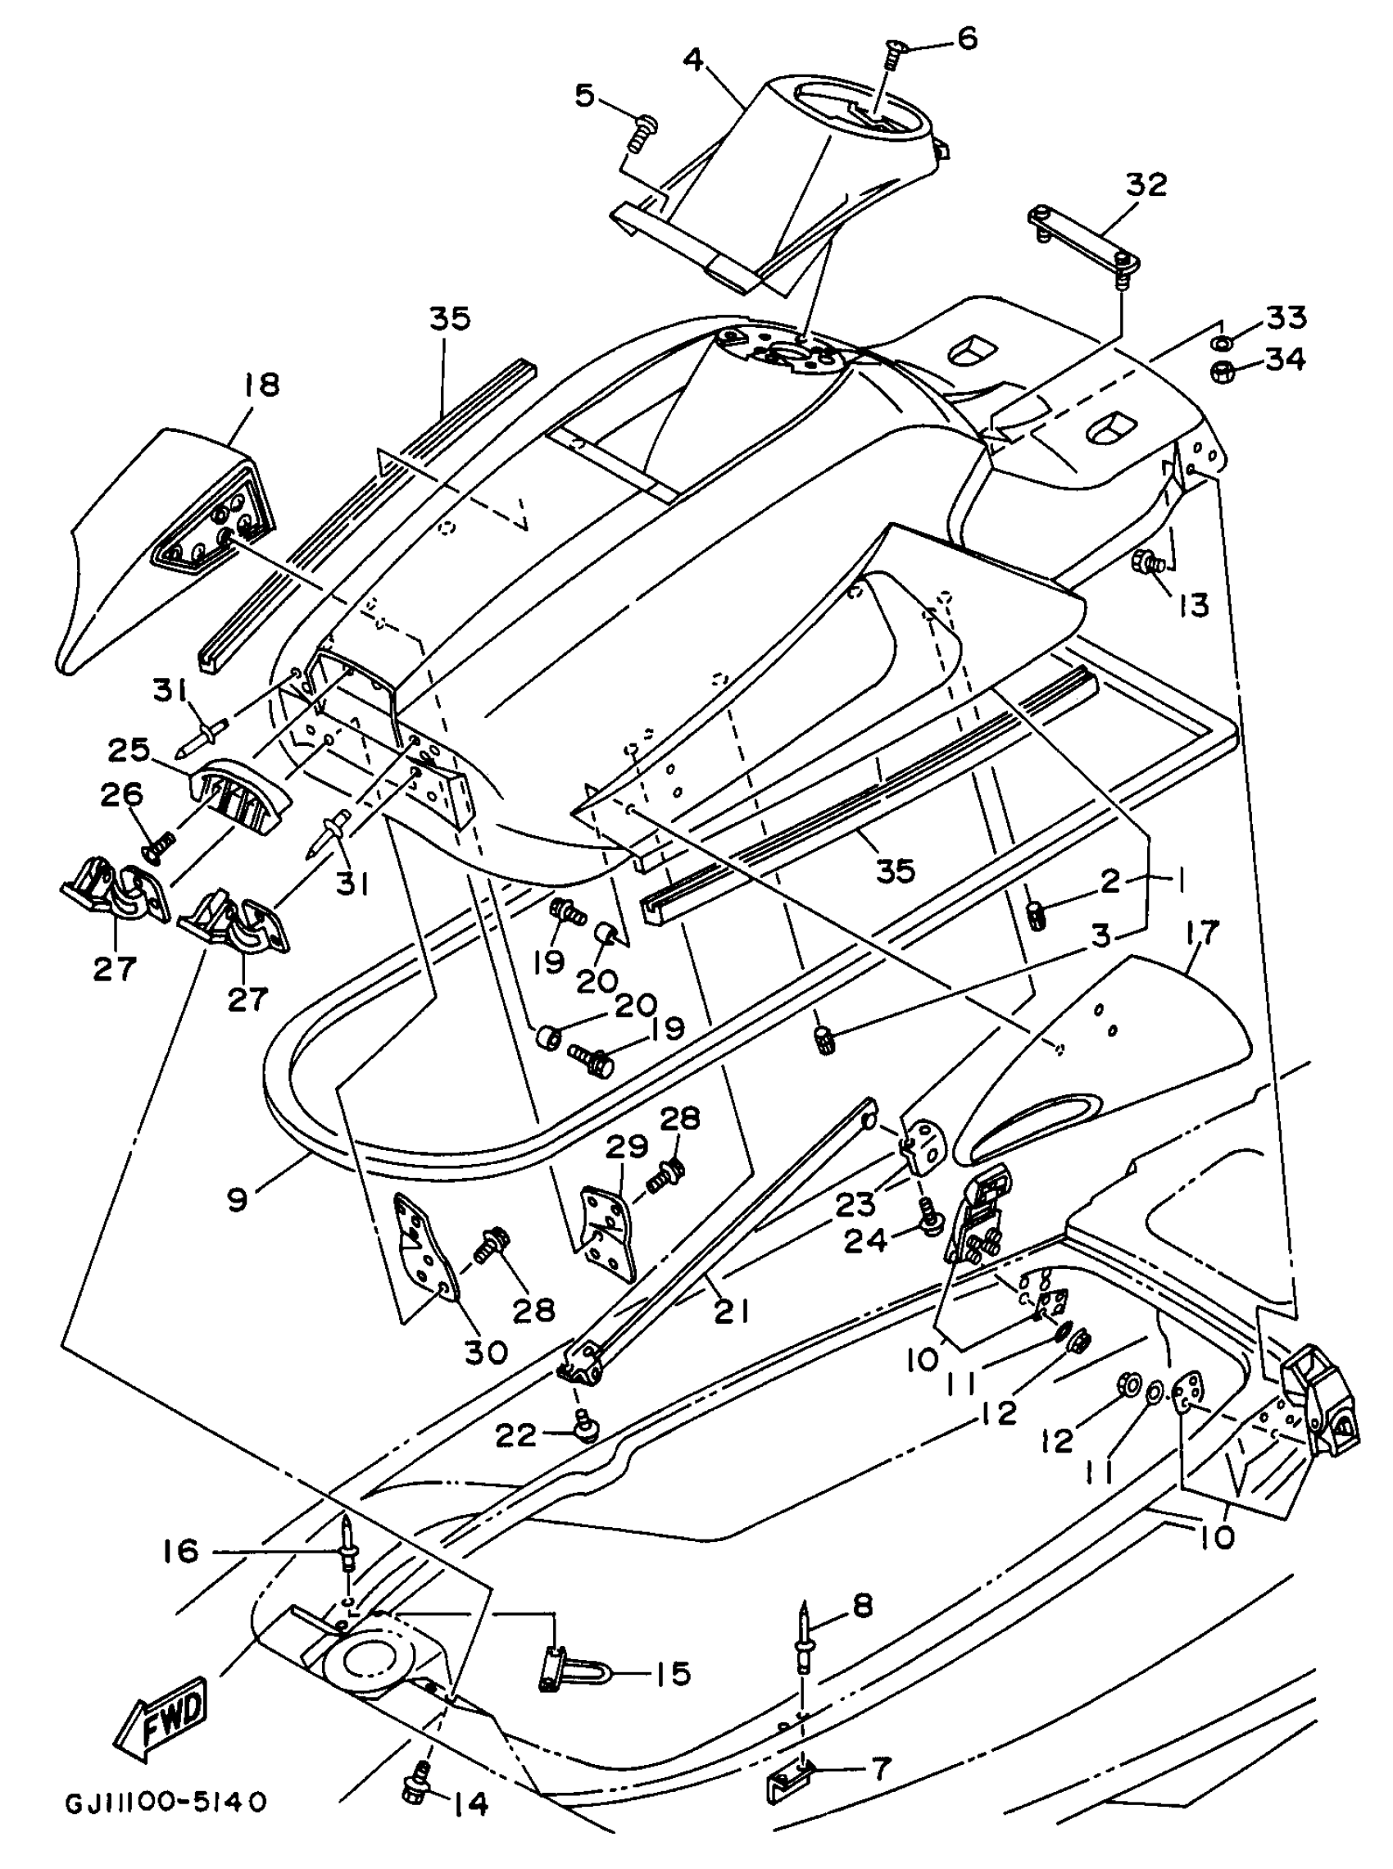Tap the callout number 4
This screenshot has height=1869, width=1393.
[692, 61]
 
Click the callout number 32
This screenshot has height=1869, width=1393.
[1145, 184]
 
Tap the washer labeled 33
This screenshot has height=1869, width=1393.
[1219, 343]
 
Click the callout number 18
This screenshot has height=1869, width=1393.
[261, 385]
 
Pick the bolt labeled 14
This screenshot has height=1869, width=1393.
[418, 1800]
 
